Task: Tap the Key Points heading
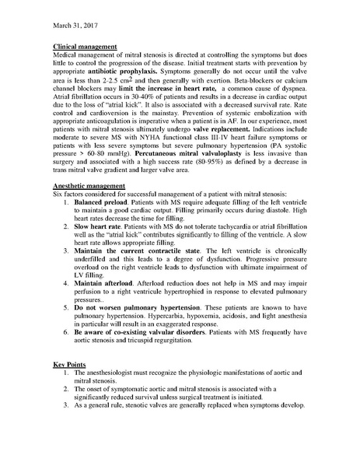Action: [x=70, y=363]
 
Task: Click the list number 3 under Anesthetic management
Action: [x=67, y=284]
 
